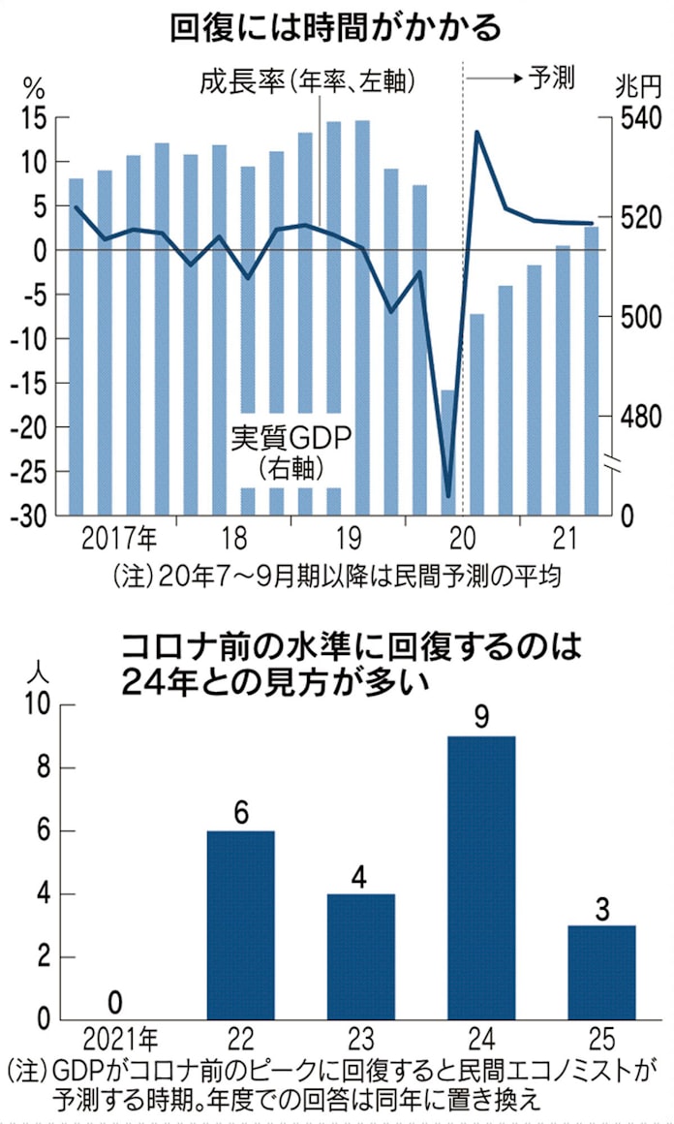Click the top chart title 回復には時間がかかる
[x=336, y=27]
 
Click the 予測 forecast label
[x=552, y=78]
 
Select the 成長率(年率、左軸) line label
[x=308, y=80]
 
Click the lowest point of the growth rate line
[x=447, y=496]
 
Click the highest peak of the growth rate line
[x=477, y=132]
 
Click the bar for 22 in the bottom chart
[x=241, y=924]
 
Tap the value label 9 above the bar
[x=481, y=718]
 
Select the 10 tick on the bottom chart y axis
[x=37, y=704]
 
